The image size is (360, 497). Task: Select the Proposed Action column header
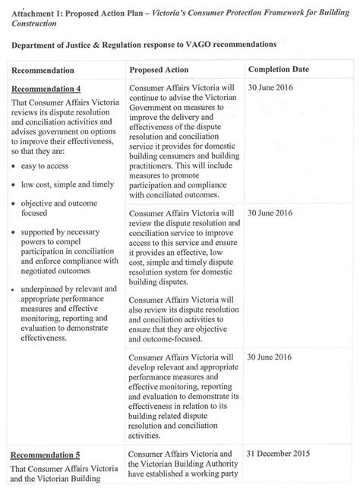coord(163,69)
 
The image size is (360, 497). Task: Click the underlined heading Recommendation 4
coord(46,89)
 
